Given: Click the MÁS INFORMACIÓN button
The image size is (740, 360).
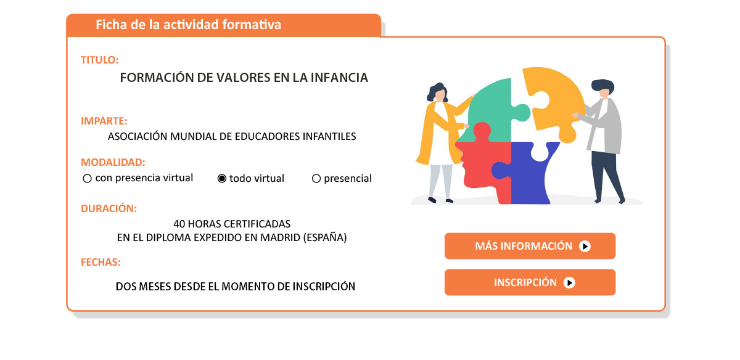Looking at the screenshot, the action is pyautogui.click(x=530, y=246).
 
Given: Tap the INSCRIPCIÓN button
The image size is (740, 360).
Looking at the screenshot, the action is pyautogui.click(x=530, y=282).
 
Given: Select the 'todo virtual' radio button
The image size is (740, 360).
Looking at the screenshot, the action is pyautogui.click(x=221, y=179).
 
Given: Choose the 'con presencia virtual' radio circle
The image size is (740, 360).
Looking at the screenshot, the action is pyautogui.click(x=87, y=178).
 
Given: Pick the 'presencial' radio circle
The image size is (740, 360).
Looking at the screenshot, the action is pyautogui.click(x=316, y=179).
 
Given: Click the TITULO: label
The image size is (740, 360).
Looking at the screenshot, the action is pyautogui.click(x=99, y=60).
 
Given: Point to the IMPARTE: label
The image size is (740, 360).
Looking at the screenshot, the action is pyautogui.click(x=104, y=121).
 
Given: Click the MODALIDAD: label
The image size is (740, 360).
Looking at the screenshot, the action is pyautogui.click(x=113, y=163).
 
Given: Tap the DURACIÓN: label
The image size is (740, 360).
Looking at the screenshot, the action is pyautogui.click(x=109, y=209).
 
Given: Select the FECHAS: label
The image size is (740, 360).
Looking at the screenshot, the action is pyautogui.click(x=101, y=262).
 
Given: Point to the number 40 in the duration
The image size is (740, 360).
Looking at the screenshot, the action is pyautogui.click(x=179, y=224).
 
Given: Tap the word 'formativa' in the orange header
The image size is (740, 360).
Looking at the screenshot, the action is pyautogui.click(x=252, y=25).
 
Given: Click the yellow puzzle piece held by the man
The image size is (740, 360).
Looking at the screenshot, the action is pyautogui.click(x=551, y=99).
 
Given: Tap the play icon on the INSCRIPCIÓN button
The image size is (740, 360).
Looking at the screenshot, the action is pyautogui.click(x=569, y=283).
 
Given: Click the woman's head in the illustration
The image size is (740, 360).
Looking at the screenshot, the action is pyautogui.click(x=438, y=92).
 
